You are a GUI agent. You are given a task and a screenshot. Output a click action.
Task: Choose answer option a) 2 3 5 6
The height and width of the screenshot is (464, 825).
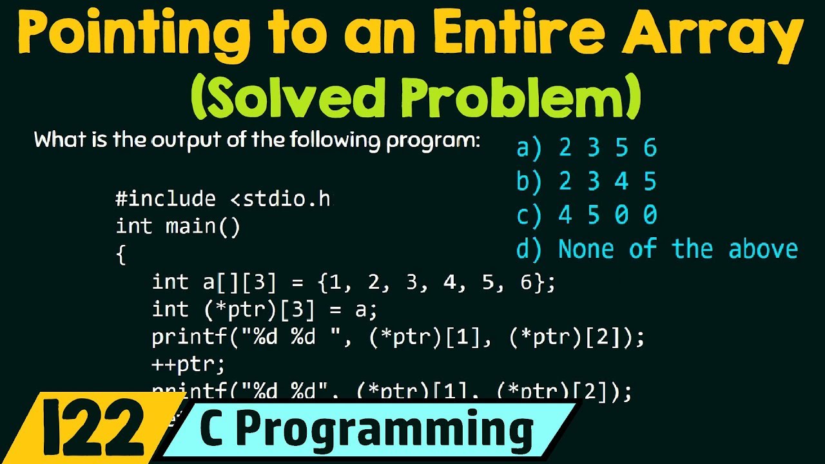(x=586, y=148)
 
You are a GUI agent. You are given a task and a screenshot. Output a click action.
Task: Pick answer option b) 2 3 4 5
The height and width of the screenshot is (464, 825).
(x=586, y=182)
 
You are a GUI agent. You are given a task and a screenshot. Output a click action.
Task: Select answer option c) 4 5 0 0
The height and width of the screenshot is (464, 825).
(x=586, y=215)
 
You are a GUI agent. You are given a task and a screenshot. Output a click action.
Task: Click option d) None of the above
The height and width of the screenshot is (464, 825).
(x=657, y=249)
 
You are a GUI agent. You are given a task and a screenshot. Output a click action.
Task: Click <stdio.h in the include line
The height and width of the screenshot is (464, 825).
(x=280, y=199)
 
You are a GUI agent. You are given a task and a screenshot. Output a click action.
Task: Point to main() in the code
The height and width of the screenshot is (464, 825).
(x=202, y=227)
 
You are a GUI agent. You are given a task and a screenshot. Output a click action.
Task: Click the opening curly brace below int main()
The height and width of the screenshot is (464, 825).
(x=121, y=256)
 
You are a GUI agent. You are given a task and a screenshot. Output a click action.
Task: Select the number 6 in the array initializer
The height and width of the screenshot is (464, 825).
(x=525, y=282)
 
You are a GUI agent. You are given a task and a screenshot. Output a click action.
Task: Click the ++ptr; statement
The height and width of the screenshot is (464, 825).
(x=188, y=365)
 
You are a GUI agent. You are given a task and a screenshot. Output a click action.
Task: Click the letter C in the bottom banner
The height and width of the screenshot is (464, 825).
(x=215, y=429)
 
